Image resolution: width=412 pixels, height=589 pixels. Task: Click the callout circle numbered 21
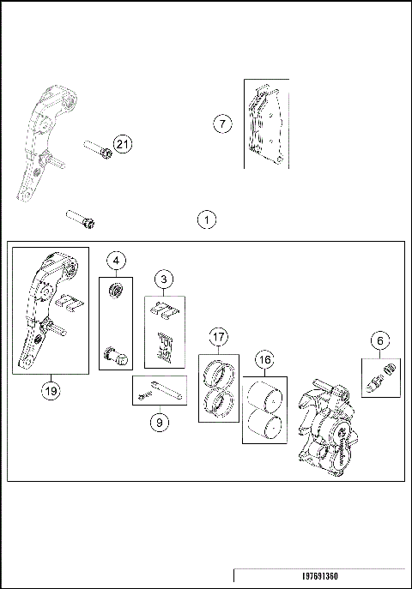click(123, 144)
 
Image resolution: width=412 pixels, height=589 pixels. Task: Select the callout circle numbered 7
click(222, 123)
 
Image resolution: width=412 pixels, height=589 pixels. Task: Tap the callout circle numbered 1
click(207, 219)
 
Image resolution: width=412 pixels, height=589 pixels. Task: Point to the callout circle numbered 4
click(116, 261)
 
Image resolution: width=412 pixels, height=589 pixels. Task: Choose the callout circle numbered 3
click(164, 279)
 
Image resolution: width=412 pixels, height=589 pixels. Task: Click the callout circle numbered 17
click(218, 337)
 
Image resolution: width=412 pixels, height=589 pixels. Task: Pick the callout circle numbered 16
click(265, 360)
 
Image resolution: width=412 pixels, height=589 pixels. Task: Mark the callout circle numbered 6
click(380, 340)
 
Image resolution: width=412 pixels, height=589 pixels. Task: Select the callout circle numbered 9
click(160, 423)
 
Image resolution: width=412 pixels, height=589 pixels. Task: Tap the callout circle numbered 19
click(51, 392)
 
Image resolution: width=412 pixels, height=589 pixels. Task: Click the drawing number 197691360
click(320, 576)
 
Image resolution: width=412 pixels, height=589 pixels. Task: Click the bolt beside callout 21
click(97, 149)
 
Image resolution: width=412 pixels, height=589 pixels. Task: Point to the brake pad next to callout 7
click(265, 124)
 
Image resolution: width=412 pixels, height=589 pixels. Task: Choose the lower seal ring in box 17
click(219, 403)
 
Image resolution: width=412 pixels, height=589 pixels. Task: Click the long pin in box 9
click(167, 389)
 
